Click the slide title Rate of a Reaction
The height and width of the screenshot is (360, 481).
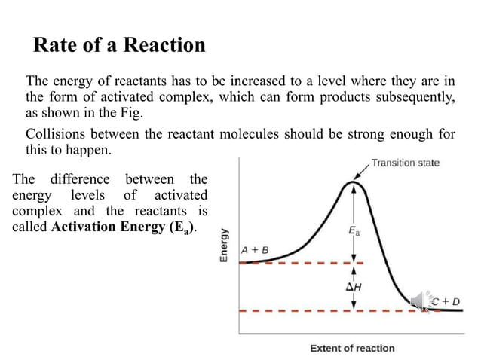pos(119,45)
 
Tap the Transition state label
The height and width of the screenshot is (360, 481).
pos(406,163)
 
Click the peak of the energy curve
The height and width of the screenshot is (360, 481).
pos(354,182)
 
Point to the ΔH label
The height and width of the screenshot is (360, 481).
pos(354,287)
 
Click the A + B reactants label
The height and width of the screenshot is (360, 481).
pos(255,249)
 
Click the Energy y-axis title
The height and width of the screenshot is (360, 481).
pos(224,245)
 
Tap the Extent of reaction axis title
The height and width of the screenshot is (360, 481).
pos(352,348)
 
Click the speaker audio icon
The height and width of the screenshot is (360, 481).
pos(419,301)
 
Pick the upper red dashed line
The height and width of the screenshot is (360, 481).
pos(302,263)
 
